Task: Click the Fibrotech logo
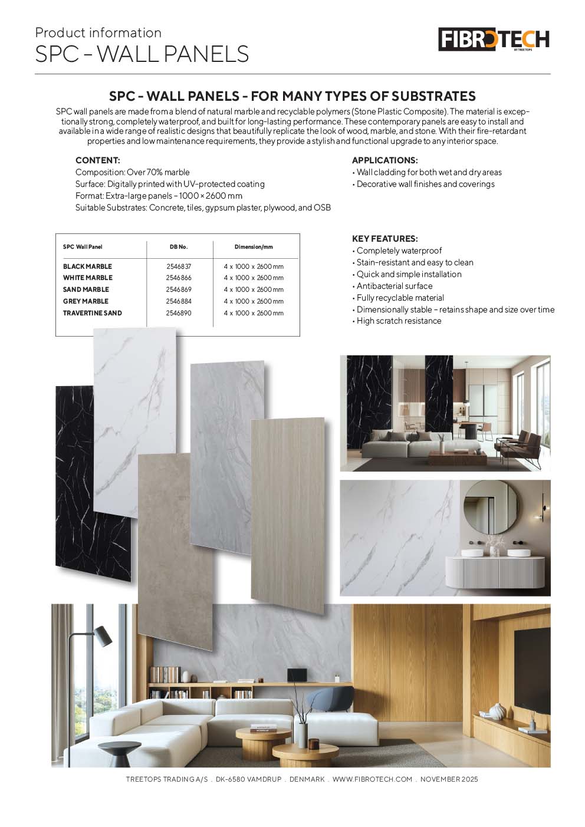(x=494, y=39)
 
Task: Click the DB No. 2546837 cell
(x=178, y=266)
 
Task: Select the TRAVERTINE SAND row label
(x=93, y=313)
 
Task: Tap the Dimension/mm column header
(x=254, y=247)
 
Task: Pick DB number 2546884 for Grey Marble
(x=178, y=301)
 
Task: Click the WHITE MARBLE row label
(x=88, y=278)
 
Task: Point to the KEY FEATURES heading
(x=384, y=239)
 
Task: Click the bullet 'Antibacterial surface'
(x=394, y=286)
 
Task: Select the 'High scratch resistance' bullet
(x=399, y=321)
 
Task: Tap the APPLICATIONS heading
(x=384, y=160)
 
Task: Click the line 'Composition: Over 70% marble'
(x=133, y=172)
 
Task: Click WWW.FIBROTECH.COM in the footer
(x=372, y=779)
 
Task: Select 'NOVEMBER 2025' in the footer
(x=449, y=779)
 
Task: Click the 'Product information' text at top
(x=98, y=33)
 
